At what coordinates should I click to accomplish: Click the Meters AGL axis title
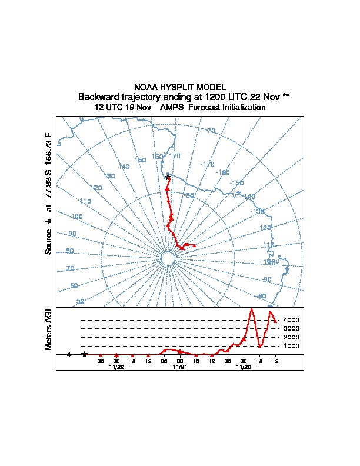tap(49, 328)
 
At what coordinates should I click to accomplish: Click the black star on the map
tap(168, 177)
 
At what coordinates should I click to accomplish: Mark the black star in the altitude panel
tap(85, 354)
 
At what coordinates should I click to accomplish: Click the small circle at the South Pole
tap(167, 259)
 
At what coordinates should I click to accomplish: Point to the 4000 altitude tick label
tap(291, 320)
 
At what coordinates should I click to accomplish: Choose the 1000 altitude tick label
tap(291, 346)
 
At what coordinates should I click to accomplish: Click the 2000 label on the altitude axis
tap(291, 337)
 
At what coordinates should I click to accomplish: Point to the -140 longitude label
tap(249, 197)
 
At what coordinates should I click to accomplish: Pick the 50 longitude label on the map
tap(81, 301)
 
